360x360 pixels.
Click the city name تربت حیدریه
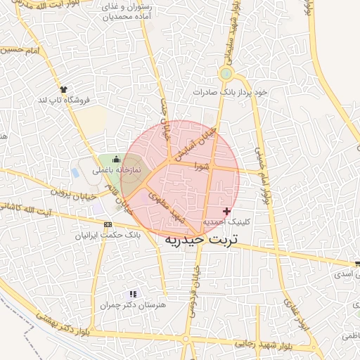(x=201, y=239)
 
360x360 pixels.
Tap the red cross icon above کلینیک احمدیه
(x=226, y=211)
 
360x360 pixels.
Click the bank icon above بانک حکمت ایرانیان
(x=107, y=224)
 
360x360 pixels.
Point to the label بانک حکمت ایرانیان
(x=107, y=235)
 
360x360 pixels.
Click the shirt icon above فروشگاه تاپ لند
(x=65, y=89)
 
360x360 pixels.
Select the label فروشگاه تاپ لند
(x=65, y=100)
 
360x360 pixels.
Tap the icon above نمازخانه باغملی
(x=116, y=160)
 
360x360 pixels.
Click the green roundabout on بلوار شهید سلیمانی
(x=226, y=73)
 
